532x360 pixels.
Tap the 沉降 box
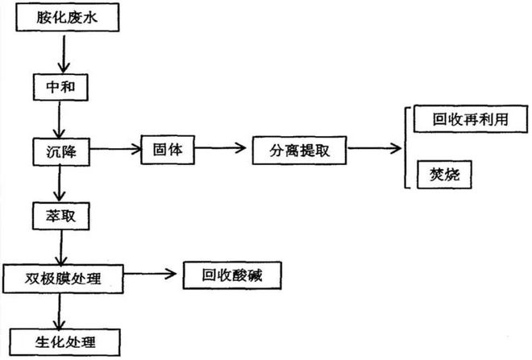(57, 151)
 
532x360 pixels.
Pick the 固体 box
(165, 150)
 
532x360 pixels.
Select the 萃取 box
(57, 215)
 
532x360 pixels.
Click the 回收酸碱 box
(233, 277)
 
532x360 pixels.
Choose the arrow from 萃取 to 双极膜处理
(58, 246)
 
